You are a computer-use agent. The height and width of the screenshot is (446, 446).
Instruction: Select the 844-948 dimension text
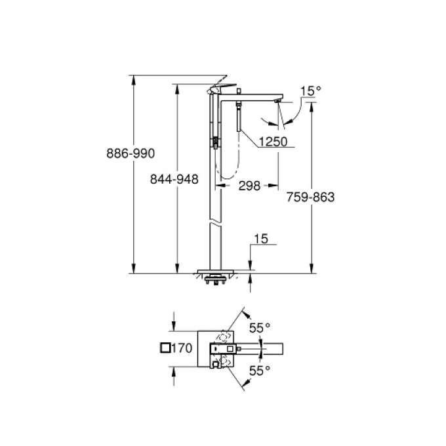click(174, 178)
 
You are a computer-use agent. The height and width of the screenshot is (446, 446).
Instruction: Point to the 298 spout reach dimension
click(249, 186)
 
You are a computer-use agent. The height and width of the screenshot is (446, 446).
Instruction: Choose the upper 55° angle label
click(258, 326)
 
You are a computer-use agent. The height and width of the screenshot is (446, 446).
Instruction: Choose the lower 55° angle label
click(258, 371)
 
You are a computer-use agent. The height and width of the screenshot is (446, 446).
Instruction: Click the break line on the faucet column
click(216, 224)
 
